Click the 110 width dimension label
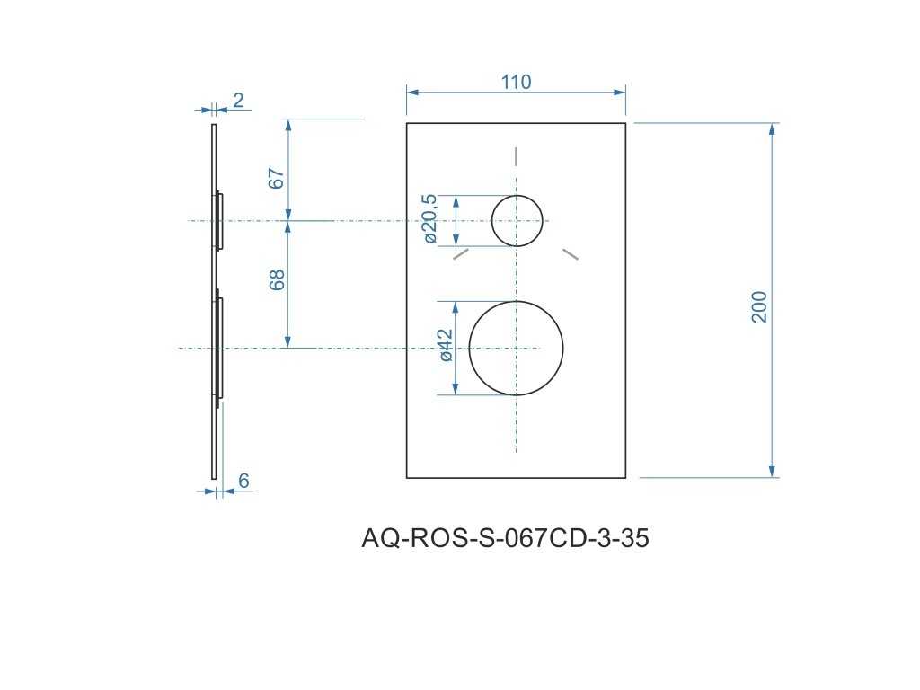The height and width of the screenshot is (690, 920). click(x=516, y=82)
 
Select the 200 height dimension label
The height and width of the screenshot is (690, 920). click(x=759, y=307)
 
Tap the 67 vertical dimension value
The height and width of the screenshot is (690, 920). click(x=278, y=178)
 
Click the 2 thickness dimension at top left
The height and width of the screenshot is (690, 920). click(x=238, y=100)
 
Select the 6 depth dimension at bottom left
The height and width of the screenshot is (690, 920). click(x=243, y=481)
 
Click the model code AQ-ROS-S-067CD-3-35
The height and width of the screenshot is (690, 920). click(x=505, y=539)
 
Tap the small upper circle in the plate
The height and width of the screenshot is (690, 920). click(x=517, y=220)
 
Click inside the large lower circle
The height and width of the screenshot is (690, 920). click(x=517, y=348)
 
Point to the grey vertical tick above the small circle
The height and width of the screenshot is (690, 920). click(x=516, y=155)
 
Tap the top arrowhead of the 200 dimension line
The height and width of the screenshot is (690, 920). click(x=772, y=129)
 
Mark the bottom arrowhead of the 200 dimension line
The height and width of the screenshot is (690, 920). click(x=772, y=471)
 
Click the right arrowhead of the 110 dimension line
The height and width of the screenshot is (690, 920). click(x=619, y=91)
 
